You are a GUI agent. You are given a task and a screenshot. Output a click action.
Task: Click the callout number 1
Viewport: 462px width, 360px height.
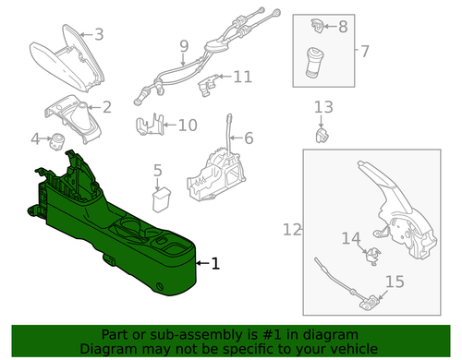tap(216, 264)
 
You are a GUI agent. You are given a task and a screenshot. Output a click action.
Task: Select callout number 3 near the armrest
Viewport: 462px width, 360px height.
tap(99, 35)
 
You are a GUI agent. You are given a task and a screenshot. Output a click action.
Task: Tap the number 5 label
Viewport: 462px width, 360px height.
tap(157, 170)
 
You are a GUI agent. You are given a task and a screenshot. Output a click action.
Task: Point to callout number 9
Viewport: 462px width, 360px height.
tap(184, 45)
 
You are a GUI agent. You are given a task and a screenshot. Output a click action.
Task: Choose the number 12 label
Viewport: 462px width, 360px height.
tap(292, 229)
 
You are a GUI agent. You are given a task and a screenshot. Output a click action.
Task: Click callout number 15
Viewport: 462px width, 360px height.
tap(395, 282)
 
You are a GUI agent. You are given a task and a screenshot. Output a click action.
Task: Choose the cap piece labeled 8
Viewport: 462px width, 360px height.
tap(316, 25)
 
